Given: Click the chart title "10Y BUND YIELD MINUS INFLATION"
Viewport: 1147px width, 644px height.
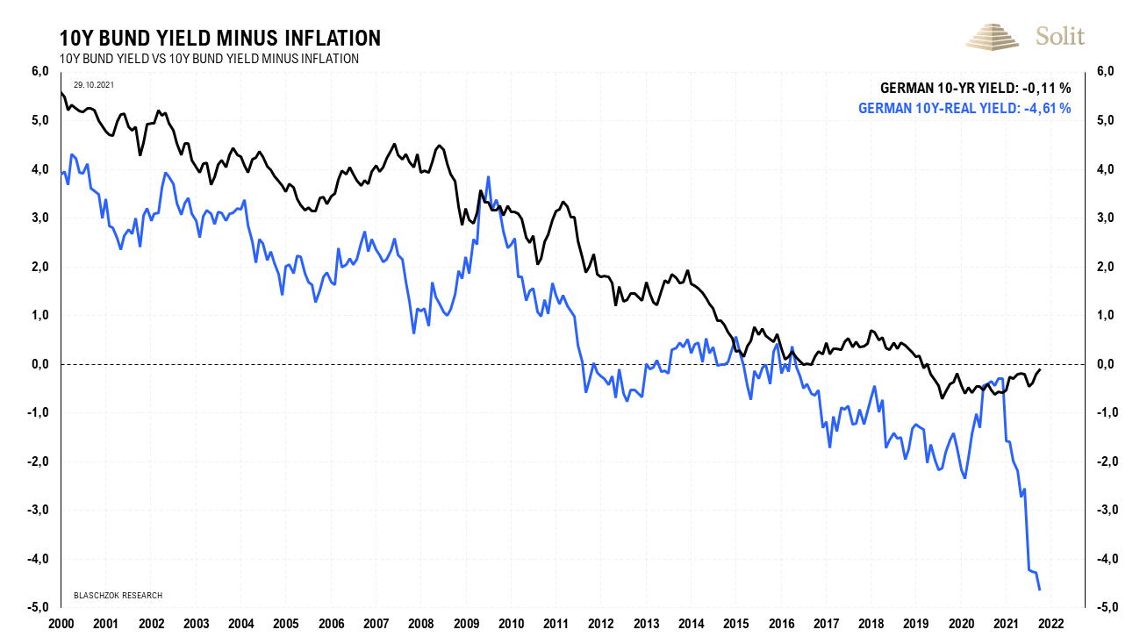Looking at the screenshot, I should point(219,38).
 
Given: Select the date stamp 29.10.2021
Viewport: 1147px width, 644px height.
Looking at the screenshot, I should point(93,84).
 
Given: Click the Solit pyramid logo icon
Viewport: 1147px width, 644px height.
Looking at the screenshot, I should point(995,36).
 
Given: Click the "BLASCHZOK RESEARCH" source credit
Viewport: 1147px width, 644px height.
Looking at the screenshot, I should point(118,596).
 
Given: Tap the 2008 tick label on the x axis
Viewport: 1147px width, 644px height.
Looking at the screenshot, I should point(420,624).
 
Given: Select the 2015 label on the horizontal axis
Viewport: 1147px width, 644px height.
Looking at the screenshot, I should point(735,624).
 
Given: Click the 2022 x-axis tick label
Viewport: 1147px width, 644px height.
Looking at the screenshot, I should point(1050,624).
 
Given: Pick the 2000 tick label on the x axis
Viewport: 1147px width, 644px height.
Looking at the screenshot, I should point(61,624).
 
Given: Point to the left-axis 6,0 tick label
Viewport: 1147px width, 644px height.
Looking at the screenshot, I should point(42,72).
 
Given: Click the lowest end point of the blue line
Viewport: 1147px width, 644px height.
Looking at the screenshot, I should point(1040,589).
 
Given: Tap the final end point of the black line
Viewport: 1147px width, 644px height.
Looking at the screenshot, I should point(1041,369).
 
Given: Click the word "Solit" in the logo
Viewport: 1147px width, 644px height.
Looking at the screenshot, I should point(1060,36).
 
